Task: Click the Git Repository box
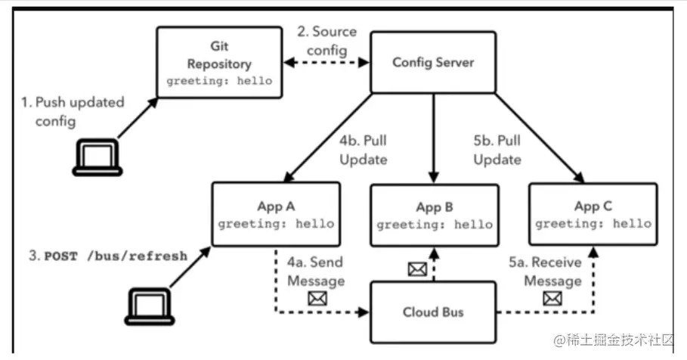pyautogui.click(x=220, y=63)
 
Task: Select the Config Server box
pyautogui.click(x=433, y=63)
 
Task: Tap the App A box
pyautogui.click(x=276, y=215)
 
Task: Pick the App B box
pyautogui.click(x=434, y=216)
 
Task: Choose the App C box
pyautogui.click(x=593, y=215)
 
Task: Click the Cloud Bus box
pyautogui.click(x=433, y=311)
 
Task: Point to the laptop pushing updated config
pyautogui.click(x=97, y=157)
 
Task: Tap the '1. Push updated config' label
pyautogui.click(x=69, y=111)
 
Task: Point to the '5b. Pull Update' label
pyautogui.click(x=496, y=151)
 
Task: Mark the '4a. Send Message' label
pyautogui.click(x=318, y=272)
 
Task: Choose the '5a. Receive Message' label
pyautogui.click(x=546, y=272)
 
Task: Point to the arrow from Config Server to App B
pyautogui.click(x=433, y=136)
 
